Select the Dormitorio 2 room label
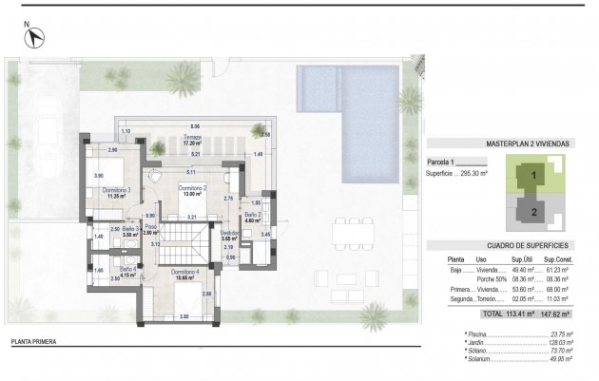pos(193,188)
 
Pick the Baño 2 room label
pos(252,216)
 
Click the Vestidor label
pos(229,233)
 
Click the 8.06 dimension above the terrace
pos(194,126)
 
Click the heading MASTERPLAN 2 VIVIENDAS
pos(527,143)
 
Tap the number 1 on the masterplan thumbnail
pos(533,176)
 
